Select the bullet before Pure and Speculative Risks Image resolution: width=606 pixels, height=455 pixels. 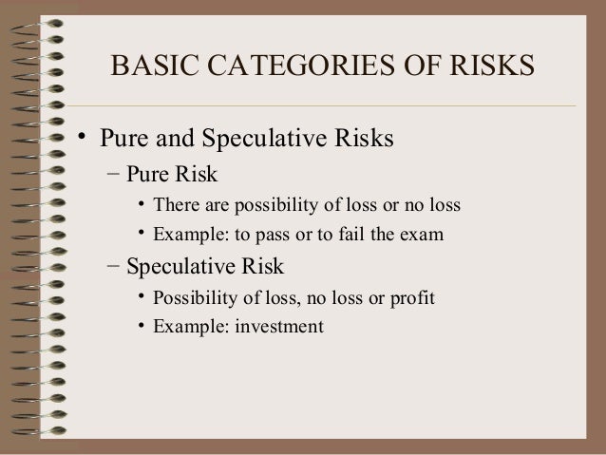(85, 138)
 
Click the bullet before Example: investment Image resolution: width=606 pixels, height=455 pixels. (142, 327)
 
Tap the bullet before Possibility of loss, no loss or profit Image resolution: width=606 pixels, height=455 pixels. (142, 297)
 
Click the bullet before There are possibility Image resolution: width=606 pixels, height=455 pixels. (142, 204)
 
